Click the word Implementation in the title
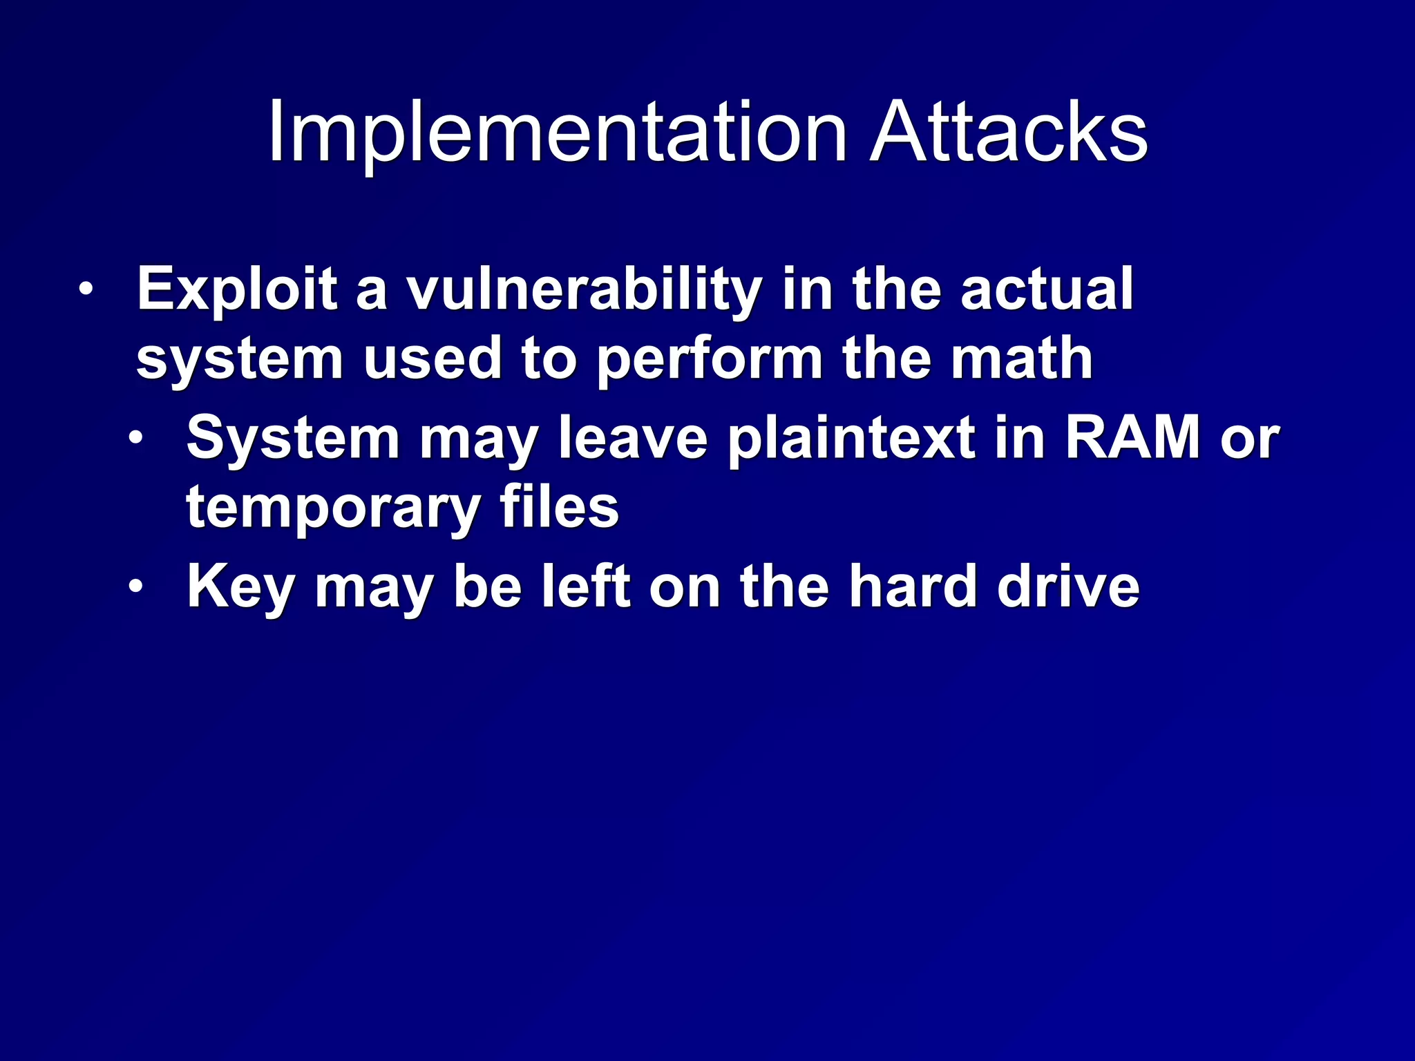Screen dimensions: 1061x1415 tap(557, 133)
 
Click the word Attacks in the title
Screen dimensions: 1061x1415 tap(1008, 133)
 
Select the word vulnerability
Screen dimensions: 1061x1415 tap(584, 290)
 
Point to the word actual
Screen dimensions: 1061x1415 tap(1046, 290)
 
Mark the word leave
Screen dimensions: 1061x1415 tap(633, 439)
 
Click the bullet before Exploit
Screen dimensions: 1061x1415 tap(85, 289)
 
